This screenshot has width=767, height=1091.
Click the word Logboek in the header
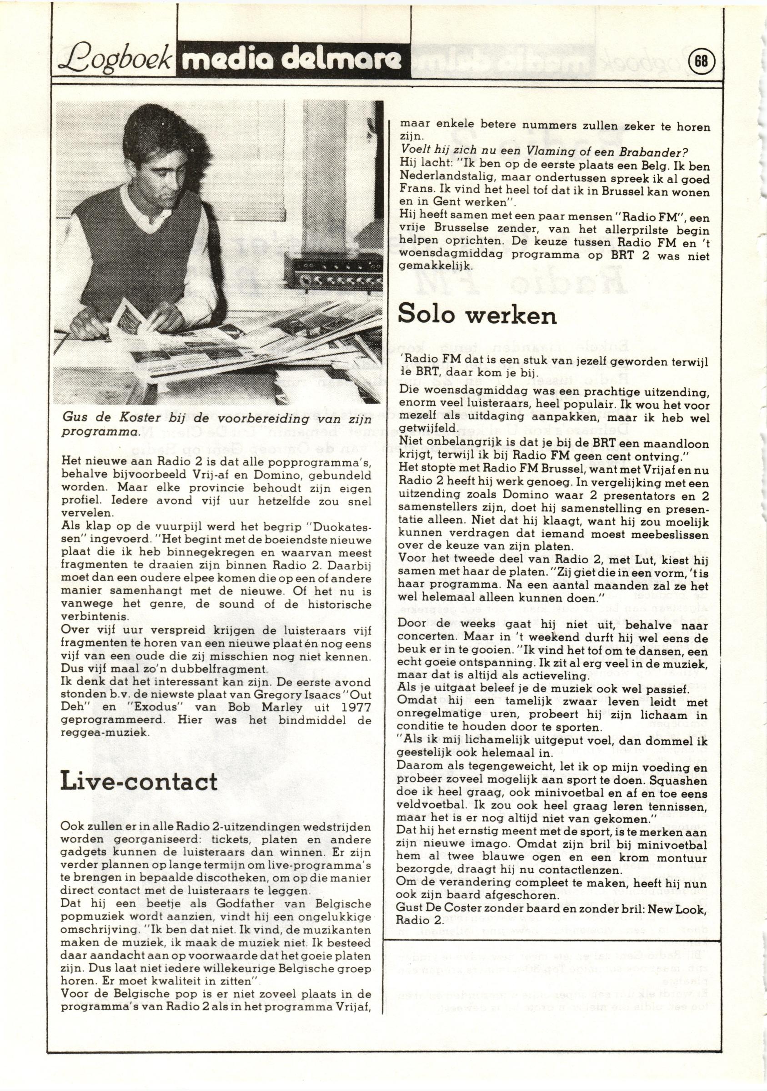click(114, 61)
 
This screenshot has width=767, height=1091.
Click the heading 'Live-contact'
click(139, 781)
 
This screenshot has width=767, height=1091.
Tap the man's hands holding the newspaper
click(161, 317)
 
